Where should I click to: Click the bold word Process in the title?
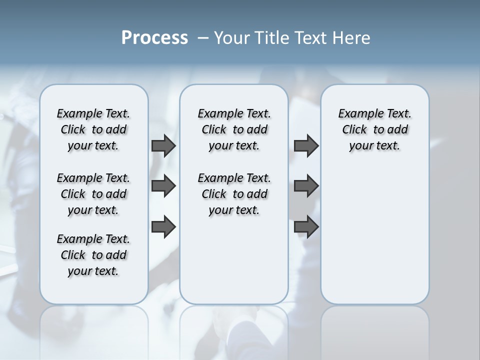click(x=154, y=38)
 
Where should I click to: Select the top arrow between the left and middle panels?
click(x=163, y=146)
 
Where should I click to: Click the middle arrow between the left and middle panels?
click(x=163, y=186)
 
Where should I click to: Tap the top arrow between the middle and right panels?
click(x=306, y=146)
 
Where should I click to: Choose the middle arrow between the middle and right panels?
click(x=306, y=186)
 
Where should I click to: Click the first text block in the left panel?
click(x=93, y=129)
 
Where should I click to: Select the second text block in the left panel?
click(x=93, y=194)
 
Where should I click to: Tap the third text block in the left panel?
click(x=93, y=255)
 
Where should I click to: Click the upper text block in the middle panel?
click(x=234, y=129)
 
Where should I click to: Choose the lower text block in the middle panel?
click(x=234, y=194)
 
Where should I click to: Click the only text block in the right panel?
click(x=374, y=129)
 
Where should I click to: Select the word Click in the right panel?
click(x=354, y=130)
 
